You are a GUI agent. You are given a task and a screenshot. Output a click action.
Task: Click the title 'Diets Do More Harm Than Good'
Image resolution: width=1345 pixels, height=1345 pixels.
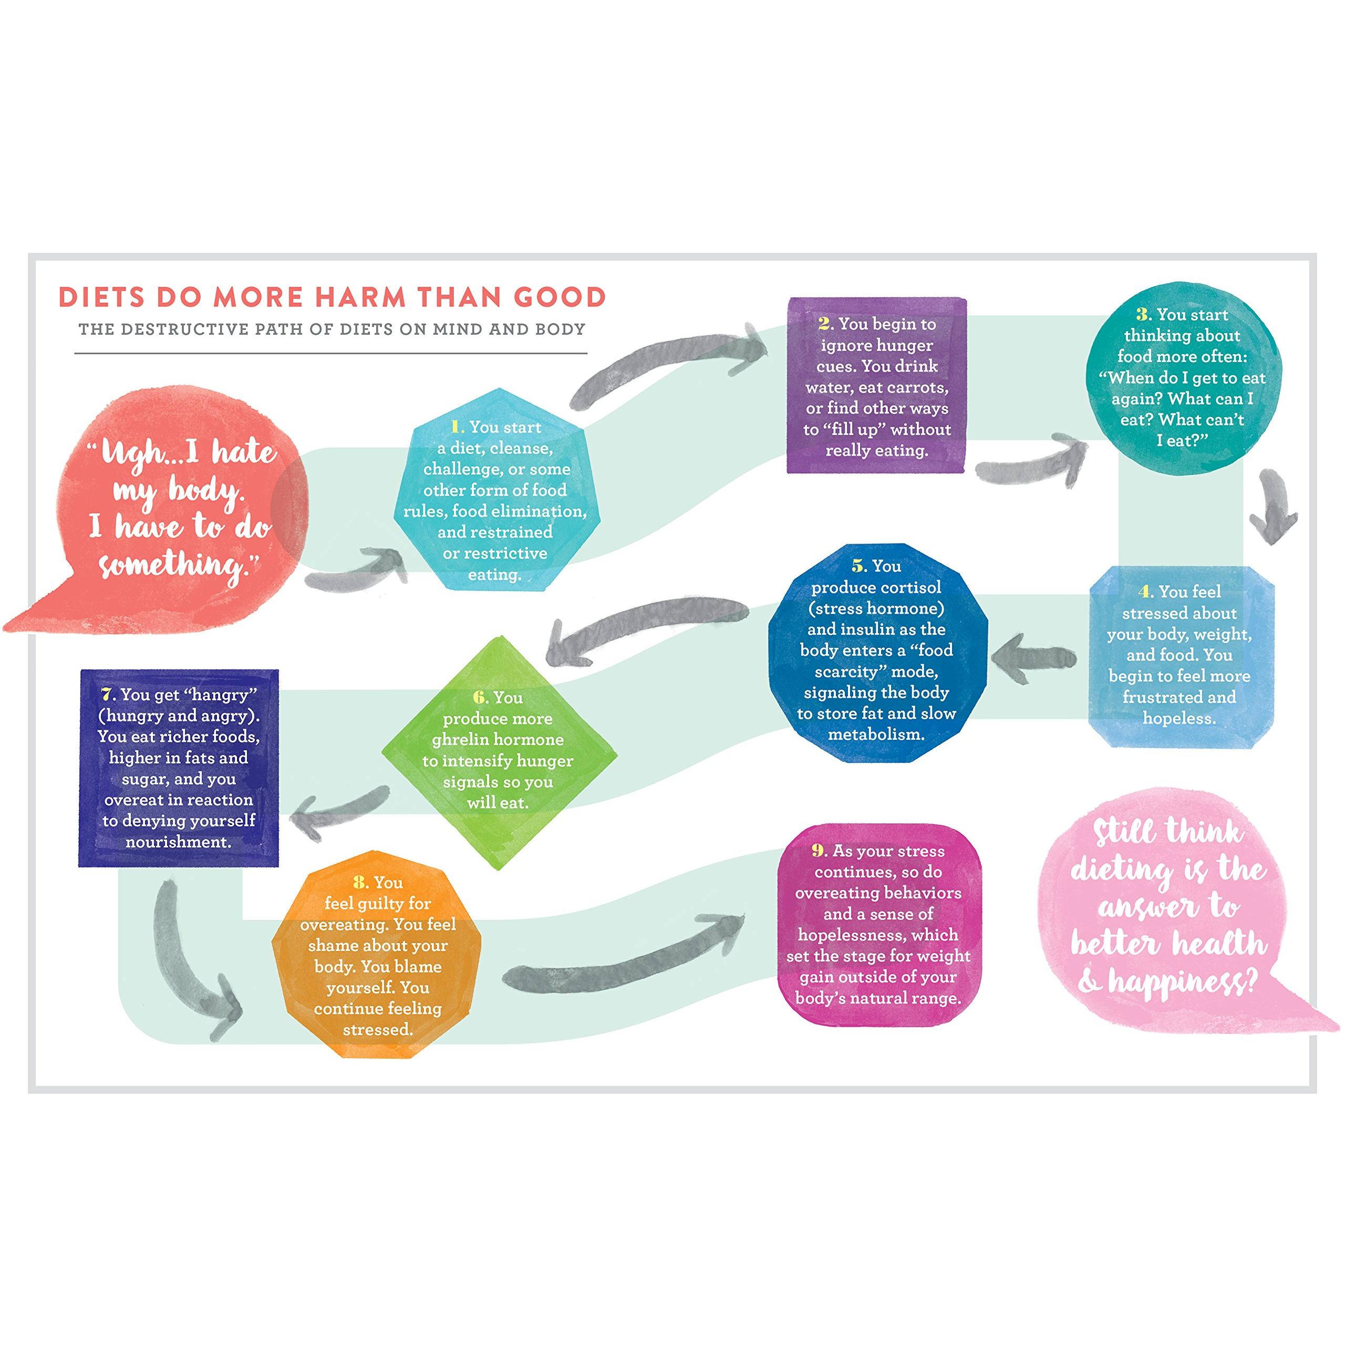[x=332, y=297]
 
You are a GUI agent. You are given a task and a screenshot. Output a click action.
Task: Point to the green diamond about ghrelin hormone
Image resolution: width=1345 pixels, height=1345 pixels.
[x=499, y=751]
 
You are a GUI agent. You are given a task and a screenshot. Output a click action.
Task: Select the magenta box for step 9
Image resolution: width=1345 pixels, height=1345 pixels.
[x=878, y=924]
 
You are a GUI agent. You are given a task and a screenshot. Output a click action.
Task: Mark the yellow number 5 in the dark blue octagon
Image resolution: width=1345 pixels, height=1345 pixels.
[x=859, y=566]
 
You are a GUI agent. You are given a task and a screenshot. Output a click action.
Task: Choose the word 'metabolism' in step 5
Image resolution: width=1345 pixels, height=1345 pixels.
[x=876, y=734]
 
